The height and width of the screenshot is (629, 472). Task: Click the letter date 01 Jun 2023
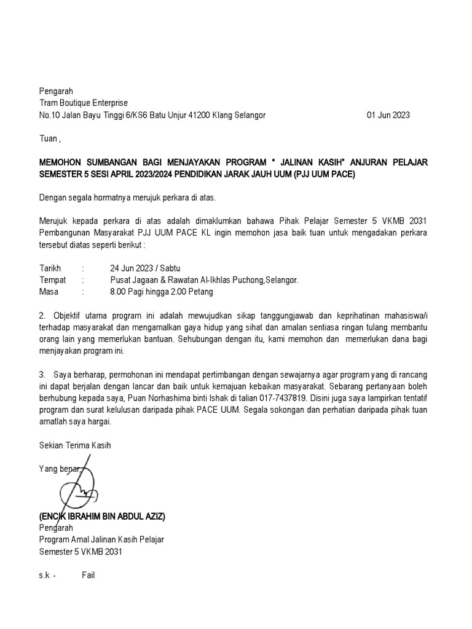(x=388, y=115)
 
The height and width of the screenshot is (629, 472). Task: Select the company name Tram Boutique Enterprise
(x=84, y=103)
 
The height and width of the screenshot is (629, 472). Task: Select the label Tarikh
(x=51, y=268)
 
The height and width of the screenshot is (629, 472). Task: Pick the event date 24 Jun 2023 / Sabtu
(x=146, y=268)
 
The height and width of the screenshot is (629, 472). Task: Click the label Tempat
(x=53, y=279)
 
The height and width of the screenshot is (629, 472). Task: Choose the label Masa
(x=49, y=291)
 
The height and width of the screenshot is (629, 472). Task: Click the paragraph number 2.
(x=42, y=316)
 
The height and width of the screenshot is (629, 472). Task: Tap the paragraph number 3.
(x=42, y=374)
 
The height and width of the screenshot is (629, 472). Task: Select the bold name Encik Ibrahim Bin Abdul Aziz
(x=103, y=517)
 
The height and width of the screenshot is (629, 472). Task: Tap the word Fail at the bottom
(x=88, y=576)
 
